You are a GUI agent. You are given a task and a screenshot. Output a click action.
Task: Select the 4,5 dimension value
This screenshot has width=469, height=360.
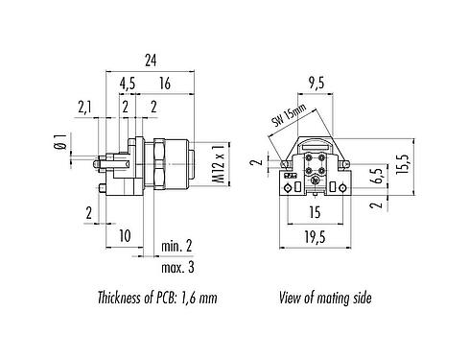[x=127, y=84]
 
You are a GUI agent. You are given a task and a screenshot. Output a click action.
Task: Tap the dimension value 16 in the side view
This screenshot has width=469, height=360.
[x=164, y=84]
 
